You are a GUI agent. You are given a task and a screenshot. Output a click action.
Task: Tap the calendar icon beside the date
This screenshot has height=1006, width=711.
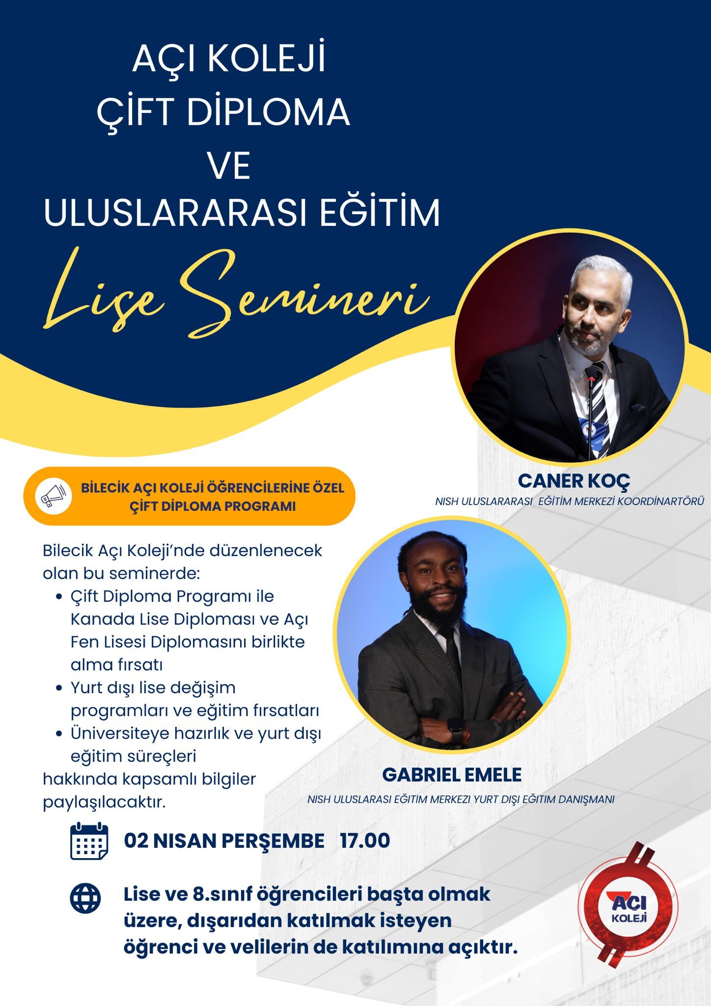(89, 841)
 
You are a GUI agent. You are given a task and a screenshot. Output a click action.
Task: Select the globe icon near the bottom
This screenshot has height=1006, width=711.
(85, 898)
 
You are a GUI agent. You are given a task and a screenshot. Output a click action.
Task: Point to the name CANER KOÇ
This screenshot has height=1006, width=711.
(574, 481)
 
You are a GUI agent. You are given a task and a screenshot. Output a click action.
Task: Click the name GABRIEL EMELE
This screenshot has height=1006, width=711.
(452, 775)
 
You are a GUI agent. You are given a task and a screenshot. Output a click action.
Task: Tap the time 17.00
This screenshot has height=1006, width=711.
(365, 840)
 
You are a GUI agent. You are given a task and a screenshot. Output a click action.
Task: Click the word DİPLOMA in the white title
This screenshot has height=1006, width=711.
(268, 112)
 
